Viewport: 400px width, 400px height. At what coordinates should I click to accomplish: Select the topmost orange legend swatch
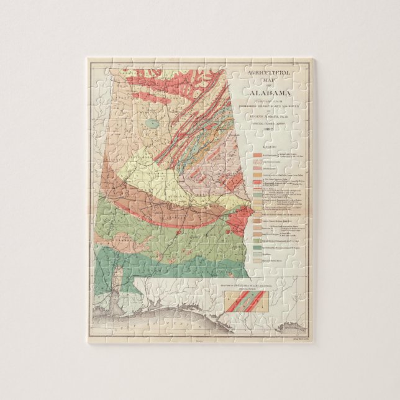pyautogui.click(x=257, y=153)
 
